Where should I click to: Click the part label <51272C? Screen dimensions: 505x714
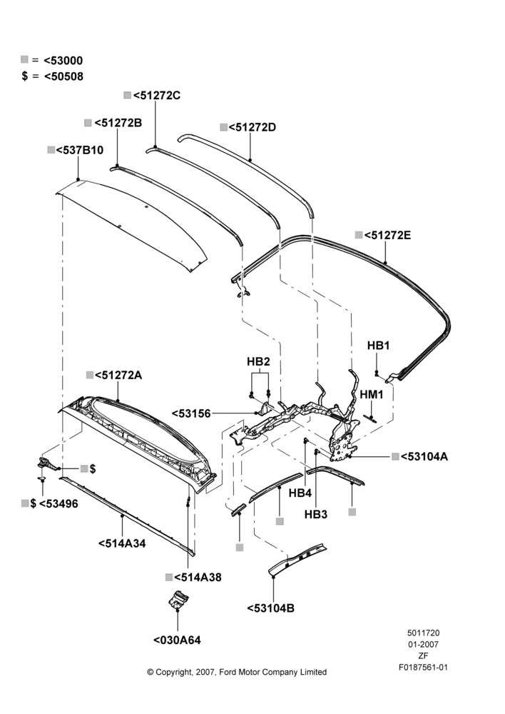(157, 96)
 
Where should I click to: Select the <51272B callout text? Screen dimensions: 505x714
(118, 123)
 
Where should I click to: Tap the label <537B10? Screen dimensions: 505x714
(80, 150)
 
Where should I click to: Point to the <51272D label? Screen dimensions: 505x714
(252, 128)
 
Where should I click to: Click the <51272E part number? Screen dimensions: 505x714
(387, 236)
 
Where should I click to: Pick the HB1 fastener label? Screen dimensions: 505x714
(379, 346)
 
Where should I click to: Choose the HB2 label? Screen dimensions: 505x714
(258, 361)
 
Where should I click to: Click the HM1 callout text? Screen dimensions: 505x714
(372, 394)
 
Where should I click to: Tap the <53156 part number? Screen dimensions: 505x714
(192, 414)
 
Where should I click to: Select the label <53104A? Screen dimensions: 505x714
(424, 456)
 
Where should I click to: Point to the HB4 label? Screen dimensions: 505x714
(300, 493)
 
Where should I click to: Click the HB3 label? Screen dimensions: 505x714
(316, 515)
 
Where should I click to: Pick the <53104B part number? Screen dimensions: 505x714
(271, 608)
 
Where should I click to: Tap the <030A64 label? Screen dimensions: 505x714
(177, 640)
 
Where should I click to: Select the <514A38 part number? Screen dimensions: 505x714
(198, 578)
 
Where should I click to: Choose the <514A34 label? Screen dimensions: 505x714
(122, 543)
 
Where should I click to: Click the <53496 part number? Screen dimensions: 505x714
(58, 504)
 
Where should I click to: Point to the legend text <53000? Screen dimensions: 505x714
(63, 61)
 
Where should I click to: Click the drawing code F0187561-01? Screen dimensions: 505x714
(423, 668)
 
